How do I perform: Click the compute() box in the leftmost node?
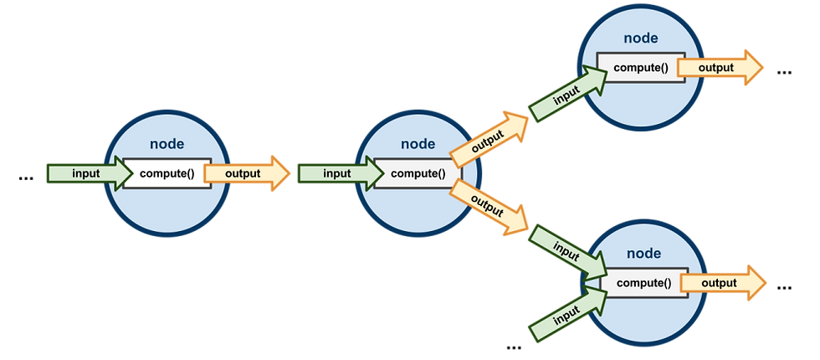pos(167,173)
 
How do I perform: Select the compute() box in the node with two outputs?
pos(418,173)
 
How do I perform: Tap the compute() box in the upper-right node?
pos(641,68)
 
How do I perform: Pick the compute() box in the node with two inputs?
pos(643,283)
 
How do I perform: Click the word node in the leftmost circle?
pos(167,144)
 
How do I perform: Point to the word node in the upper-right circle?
pos(641,39)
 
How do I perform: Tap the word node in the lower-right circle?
pos(643,254)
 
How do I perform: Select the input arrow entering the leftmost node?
pos(90,174)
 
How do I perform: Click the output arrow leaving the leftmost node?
pos(246,174)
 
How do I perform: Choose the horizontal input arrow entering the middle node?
pos(341,174)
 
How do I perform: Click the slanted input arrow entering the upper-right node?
pos(568,93)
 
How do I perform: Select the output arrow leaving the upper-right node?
pos(720,68)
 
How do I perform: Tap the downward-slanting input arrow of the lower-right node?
pos(568,252)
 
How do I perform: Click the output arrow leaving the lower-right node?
pos(723,283)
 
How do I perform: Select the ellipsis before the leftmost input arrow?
pos(26,178)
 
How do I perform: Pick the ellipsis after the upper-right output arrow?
pos(785,73)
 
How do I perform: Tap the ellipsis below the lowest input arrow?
pos(514,347)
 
